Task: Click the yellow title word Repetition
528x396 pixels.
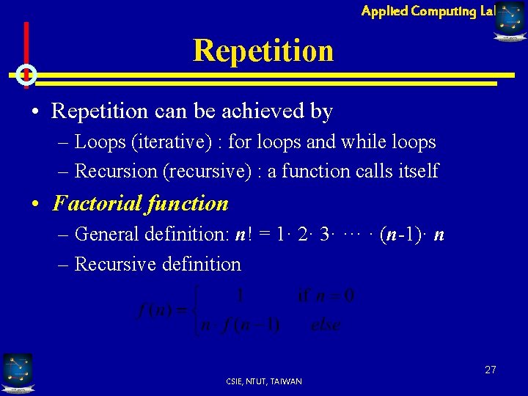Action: point(263,51)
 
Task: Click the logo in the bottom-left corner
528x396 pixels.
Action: point(17,372)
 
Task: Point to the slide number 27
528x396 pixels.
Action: point(490,370)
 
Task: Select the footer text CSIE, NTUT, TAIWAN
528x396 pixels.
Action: point(263,381)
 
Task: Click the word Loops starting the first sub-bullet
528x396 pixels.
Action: point(99,142)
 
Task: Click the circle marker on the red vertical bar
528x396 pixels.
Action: point(26,74)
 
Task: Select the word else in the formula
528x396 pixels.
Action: point(325,324)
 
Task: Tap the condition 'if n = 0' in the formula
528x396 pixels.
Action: point(326,296)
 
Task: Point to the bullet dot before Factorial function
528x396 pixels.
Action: point(36,204)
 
